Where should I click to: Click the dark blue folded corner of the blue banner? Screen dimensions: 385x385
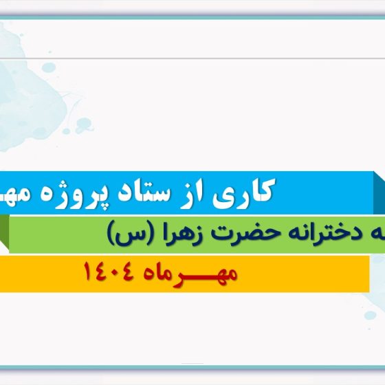tap(379, 192)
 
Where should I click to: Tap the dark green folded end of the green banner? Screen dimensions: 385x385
tap(4, 233)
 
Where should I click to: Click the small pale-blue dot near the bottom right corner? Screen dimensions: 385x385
tap(370, 316)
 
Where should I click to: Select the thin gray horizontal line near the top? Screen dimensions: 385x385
tap(192, 58)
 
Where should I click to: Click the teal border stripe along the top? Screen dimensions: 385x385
tap(192, 17)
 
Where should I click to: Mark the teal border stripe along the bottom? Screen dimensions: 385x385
tap(192, 367)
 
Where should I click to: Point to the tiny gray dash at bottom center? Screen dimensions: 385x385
tap(192, 364)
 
